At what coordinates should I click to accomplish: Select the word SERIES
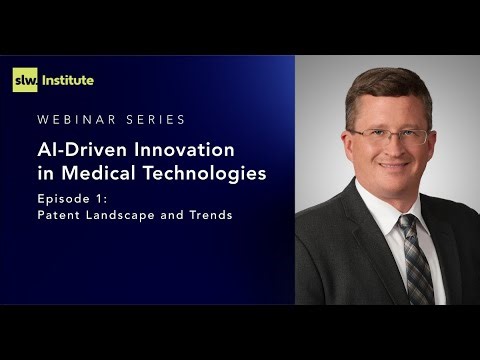pos(153,120)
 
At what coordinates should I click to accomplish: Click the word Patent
pos(58,215)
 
